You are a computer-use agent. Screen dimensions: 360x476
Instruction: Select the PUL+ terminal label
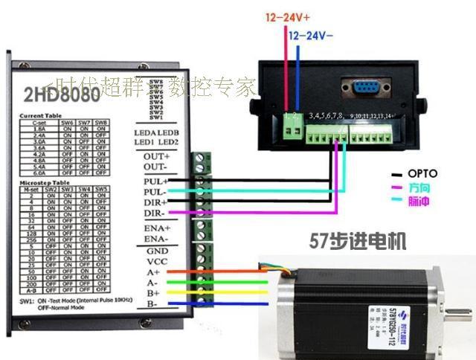click(x=156, y=181)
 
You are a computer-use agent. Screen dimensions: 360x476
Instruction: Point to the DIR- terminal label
click(x=156, y=214)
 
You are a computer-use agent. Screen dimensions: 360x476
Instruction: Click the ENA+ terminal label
click(x=157, y=227)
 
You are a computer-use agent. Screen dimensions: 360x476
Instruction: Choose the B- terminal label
click(x=152, y=304)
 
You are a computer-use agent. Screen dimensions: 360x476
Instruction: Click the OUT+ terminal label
click(x=157, y=157)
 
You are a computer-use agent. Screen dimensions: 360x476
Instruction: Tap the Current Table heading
click(x=42, y=116)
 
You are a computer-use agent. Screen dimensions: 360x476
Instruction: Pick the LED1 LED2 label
click(x=156, y=142)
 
